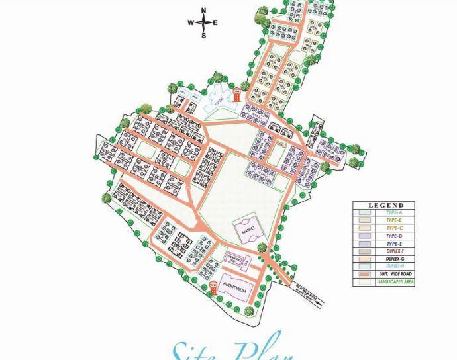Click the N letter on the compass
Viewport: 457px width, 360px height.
tap(203, 10)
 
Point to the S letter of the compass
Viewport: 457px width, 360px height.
tap(203, 36)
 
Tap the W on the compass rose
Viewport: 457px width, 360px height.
tap(191, 22)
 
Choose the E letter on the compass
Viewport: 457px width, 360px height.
tap(215, 22)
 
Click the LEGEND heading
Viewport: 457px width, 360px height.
tap(385, 205)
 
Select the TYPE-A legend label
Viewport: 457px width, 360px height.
tap(394, 212)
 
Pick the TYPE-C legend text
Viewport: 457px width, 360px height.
tap(394, 228)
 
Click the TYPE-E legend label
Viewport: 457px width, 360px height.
tap(394, 243)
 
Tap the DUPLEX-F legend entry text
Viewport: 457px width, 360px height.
tap(394, 251)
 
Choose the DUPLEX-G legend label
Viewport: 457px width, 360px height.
tap(394, 259)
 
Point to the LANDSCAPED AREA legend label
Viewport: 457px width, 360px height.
tap(395, 282)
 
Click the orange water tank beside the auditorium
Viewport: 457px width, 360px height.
tap(213, 286)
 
